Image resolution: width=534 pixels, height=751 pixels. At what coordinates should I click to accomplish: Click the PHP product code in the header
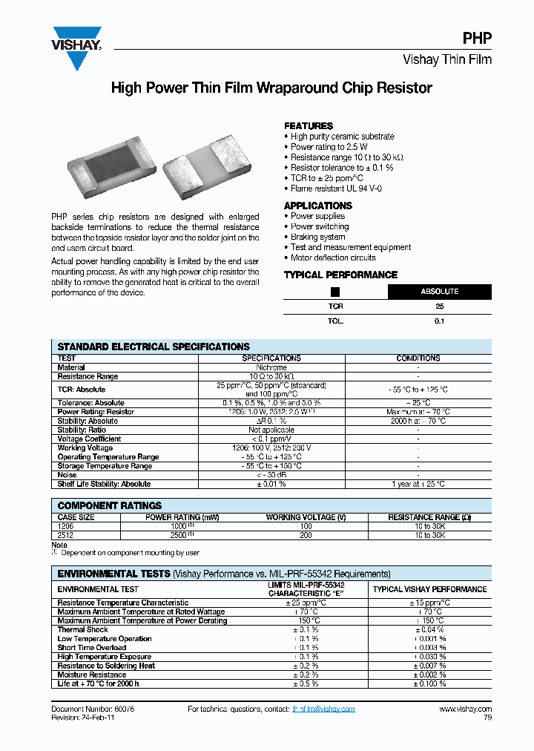coord(478,39)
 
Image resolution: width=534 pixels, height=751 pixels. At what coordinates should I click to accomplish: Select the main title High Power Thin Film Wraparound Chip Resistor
coord(271,88)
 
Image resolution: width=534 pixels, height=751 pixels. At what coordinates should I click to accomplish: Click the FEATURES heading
coord(309,126)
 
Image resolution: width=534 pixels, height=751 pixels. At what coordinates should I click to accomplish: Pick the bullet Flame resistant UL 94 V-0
coord(336,188)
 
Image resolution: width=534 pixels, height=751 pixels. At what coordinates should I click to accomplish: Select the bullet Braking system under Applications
coord(317,237)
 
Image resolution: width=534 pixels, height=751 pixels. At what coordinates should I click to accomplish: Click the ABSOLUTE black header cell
coord(439,292)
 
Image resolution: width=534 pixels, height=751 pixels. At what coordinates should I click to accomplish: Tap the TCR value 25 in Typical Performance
coord(439,306)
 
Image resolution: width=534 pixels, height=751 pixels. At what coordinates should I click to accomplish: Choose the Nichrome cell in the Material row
coord(271,367)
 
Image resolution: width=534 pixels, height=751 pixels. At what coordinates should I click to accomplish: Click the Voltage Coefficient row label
coord(90,439)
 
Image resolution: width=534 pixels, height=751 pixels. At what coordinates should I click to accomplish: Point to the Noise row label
coord(67,475)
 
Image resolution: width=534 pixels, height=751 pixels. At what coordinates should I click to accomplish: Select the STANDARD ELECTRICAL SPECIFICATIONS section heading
coord(154,347)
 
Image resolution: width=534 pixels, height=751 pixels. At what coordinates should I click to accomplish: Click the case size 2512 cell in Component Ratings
coord(67,535)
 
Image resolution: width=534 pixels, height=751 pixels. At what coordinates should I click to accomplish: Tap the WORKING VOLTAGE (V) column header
coord(306,517)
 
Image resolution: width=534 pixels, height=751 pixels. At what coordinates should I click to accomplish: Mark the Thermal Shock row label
coord(83,629)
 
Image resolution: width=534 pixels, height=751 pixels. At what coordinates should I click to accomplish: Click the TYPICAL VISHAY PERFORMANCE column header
coord(429,589)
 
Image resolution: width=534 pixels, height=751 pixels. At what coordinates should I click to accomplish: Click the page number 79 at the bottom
coord(487,718)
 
